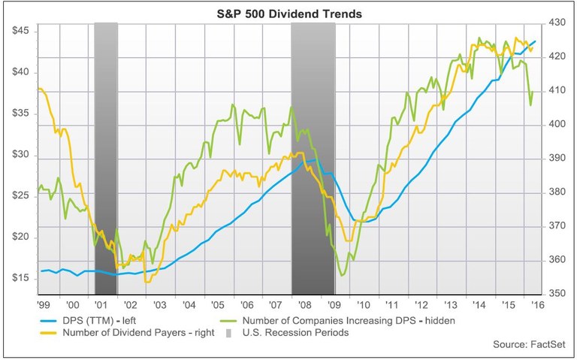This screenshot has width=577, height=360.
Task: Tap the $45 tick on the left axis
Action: tap(20, 31)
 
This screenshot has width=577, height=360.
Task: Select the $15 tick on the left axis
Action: tap(20, 279)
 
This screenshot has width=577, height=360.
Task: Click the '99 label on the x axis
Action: tap(44, 307)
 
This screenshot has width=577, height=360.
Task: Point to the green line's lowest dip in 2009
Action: tap(343, 275)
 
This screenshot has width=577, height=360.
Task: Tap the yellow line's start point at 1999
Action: tap(38, 89)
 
